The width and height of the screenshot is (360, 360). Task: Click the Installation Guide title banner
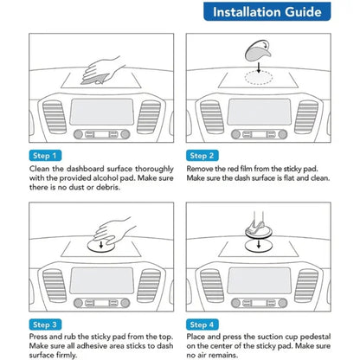click(x=267, y=11)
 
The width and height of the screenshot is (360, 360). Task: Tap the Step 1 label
click(x=45, y=156)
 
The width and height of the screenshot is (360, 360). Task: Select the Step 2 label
click(x=202, y=156)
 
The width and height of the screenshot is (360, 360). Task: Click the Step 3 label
click(x=45, y=325)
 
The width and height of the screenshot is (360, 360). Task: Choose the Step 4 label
click(x=202, y=325)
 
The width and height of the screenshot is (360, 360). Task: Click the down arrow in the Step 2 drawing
click(x=259, y=67)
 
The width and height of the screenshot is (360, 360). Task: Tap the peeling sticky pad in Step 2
click(x=258, y=51)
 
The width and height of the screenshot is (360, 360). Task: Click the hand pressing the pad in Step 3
click(x=114, y=230)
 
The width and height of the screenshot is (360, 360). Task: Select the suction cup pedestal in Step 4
click(x=259, y=230)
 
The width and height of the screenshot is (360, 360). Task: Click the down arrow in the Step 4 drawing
click(x=259, y=244)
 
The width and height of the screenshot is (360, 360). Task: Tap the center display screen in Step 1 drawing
click(x=102, y=112)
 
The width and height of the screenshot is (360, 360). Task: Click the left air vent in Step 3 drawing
click(x=55, y=286)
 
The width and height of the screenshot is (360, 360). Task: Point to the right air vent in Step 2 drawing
click(x=306, y=117)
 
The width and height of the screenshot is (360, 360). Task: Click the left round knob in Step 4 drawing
click(x=235, y=303)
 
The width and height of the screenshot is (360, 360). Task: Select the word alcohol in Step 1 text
click(x=108, y=178)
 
